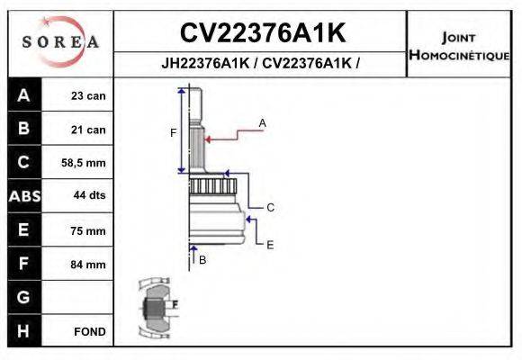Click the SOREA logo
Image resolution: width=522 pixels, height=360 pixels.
pyautogui.click(x=59, y=42)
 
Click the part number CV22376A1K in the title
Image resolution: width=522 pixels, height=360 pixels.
pyautogui.click(x=262, y=33)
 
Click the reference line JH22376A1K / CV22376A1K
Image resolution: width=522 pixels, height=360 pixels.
pyautogui.click(x=260, y=65)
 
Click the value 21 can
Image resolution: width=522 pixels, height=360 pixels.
pyautogui.click(x=88, y=130)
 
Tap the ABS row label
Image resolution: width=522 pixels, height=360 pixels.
pyautogui.click(x=22, y=197)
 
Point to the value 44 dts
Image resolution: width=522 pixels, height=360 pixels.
pyautogui.click(x=88, y=197)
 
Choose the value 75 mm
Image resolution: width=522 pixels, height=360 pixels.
pyautogui.click(x=89, y=230)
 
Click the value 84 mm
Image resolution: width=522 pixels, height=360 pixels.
pyautogui.click(x=89, y=265)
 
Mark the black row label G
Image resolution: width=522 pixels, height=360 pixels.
pyautogui.click(x=22, y=297)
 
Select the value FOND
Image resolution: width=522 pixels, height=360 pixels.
pyautogui.click(x=90, y=331)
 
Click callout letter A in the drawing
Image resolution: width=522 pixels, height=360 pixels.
pyautogui.click(x=263, y=122)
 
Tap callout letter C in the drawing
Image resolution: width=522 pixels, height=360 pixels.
pyautogui.click(x=270, y=207)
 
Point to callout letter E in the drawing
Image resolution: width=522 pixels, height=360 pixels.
pyautogui.click(x=270, y=243)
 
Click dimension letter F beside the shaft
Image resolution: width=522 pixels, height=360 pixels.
pyautogui.click(x=174, y=132)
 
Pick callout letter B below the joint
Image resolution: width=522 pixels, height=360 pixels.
pyautogui.click(x=202, y=259)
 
